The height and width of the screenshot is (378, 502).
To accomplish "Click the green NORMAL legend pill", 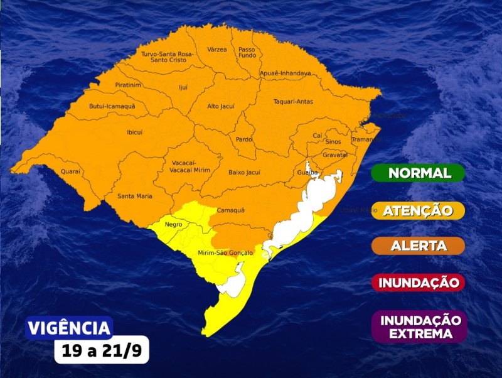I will click(x=418, y=173).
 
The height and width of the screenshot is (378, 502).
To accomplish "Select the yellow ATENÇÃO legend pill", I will click(x=418, y=210).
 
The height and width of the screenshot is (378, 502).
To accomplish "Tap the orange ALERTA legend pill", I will click(x=418, y=246).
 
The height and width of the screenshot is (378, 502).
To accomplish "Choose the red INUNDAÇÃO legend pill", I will click(x=418, y=283).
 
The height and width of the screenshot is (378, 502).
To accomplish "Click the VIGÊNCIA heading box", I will click(x=69, y=328).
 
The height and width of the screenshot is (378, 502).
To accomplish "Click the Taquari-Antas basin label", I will click(x=293, y=101).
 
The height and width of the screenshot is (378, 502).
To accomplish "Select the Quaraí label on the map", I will click(x=71, y=171).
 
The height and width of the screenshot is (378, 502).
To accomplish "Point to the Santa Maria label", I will click(x=135, y=197).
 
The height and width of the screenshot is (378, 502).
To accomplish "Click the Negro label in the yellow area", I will click(x=173, y=224).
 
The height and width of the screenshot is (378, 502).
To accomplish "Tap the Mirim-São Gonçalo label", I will click(x=225, y=252).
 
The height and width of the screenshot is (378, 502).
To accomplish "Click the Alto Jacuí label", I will click(x=221, y=106).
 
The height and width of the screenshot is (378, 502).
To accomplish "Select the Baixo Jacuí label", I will click(x=244, y=171).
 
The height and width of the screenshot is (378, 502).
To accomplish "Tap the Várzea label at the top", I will click(x=216, y=49).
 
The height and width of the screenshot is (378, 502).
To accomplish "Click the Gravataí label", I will click(x=334, y=154).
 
